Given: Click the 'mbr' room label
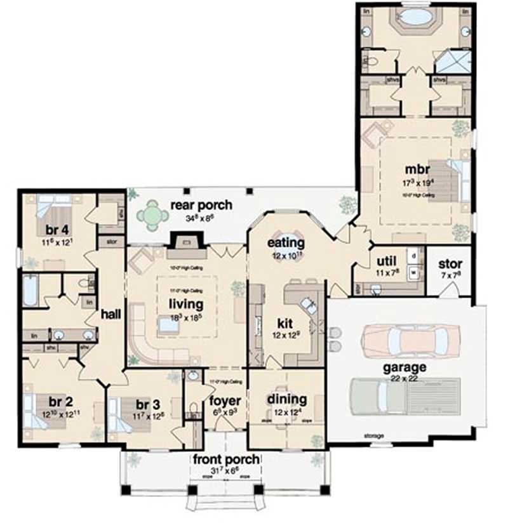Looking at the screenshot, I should pos(418,169).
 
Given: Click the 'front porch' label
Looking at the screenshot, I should pos(226,459).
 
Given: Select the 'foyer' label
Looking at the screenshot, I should pos(225,401).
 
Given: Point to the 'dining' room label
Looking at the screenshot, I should pos(286,400).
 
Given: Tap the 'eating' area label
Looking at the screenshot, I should pos(286,242).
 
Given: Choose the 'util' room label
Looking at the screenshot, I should pos(387,261).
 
